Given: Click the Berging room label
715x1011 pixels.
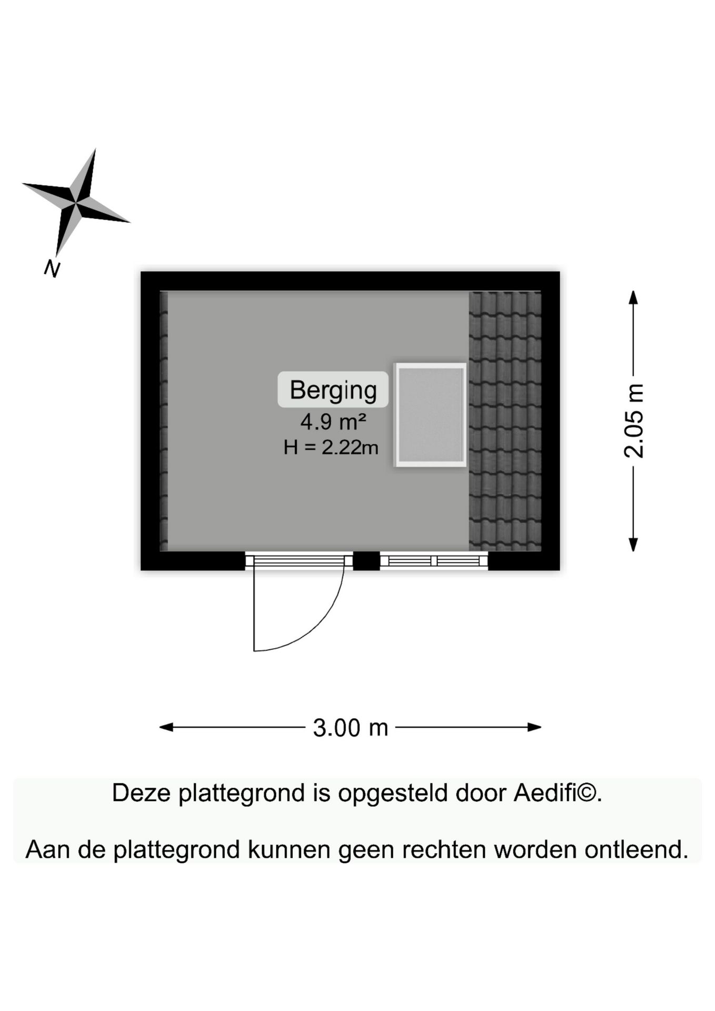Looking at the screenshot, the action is pyautogui.click(x=333, y=390).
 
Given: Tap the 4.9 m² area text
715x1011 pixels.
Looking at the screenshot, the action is pyautogui.click(x=333, y=422).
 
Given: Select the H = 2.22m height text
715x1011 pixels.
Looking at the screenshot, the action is pyautogui.click(x=331, y=448).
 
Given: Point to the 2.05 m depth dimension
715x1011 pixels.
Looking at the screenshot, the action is pyautogui.click(x=633, y=421).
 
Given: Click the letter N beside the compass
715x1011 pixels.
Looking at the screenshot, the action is pyautogui.click(x=52, y=269).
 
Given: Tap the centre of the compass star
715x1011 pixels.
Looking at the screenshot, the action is pyautogui.click(x=76, y=202).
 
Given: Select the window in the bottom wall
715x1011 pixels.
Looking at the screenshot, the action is pyautogui.click(x=434, y=561).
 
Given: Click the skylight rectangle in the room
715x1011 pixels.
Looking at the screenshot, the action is pyautogui.click(x=431, y=415).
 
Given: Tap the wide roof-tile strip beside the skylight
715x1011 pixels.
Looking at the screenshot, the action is pyautogui.click(x=505, y=421).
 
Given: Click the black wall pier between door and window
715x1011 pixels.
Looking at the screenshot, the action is pyautogui.click(x=366, y=561).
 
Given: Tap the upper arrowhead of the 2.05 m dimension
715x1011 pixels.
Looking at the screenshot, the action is pyautogui.click(x=633, y=297).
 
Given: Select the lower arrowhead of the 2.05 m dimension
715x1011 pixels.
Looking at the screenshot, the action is pyautogui.click(x=633, y=544).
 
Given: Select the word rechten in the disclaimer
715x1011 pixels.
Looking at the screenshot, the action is pyautogui.click(x=443, y=849).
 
